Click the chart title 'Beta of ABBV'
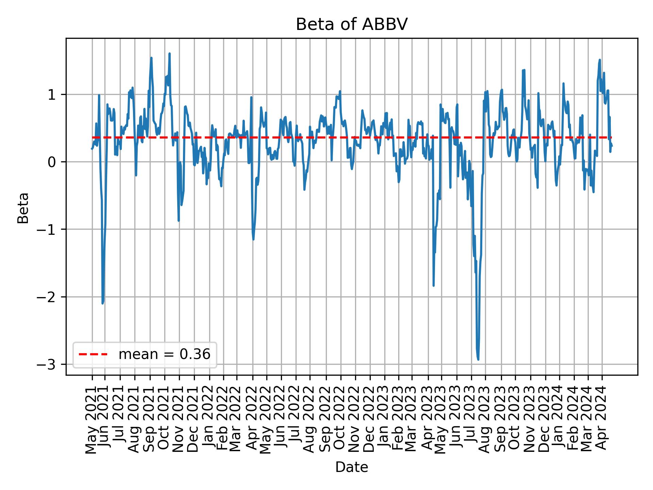[x=351, y=24]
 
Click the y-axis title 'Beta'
[x=23, y=208]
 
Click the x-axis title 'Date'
[x=351, y=467]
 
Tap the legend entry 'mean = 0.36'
[x=164, y=355]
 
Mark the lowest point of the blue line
[x=478, y=359]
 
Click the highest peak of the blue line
[x=169, y=53]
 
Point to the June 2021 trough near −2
[x=102, y=303]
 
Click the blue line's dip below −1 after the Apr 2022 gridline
[x=253, y=239]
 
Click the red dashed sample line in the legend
[x=93, y=355]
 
